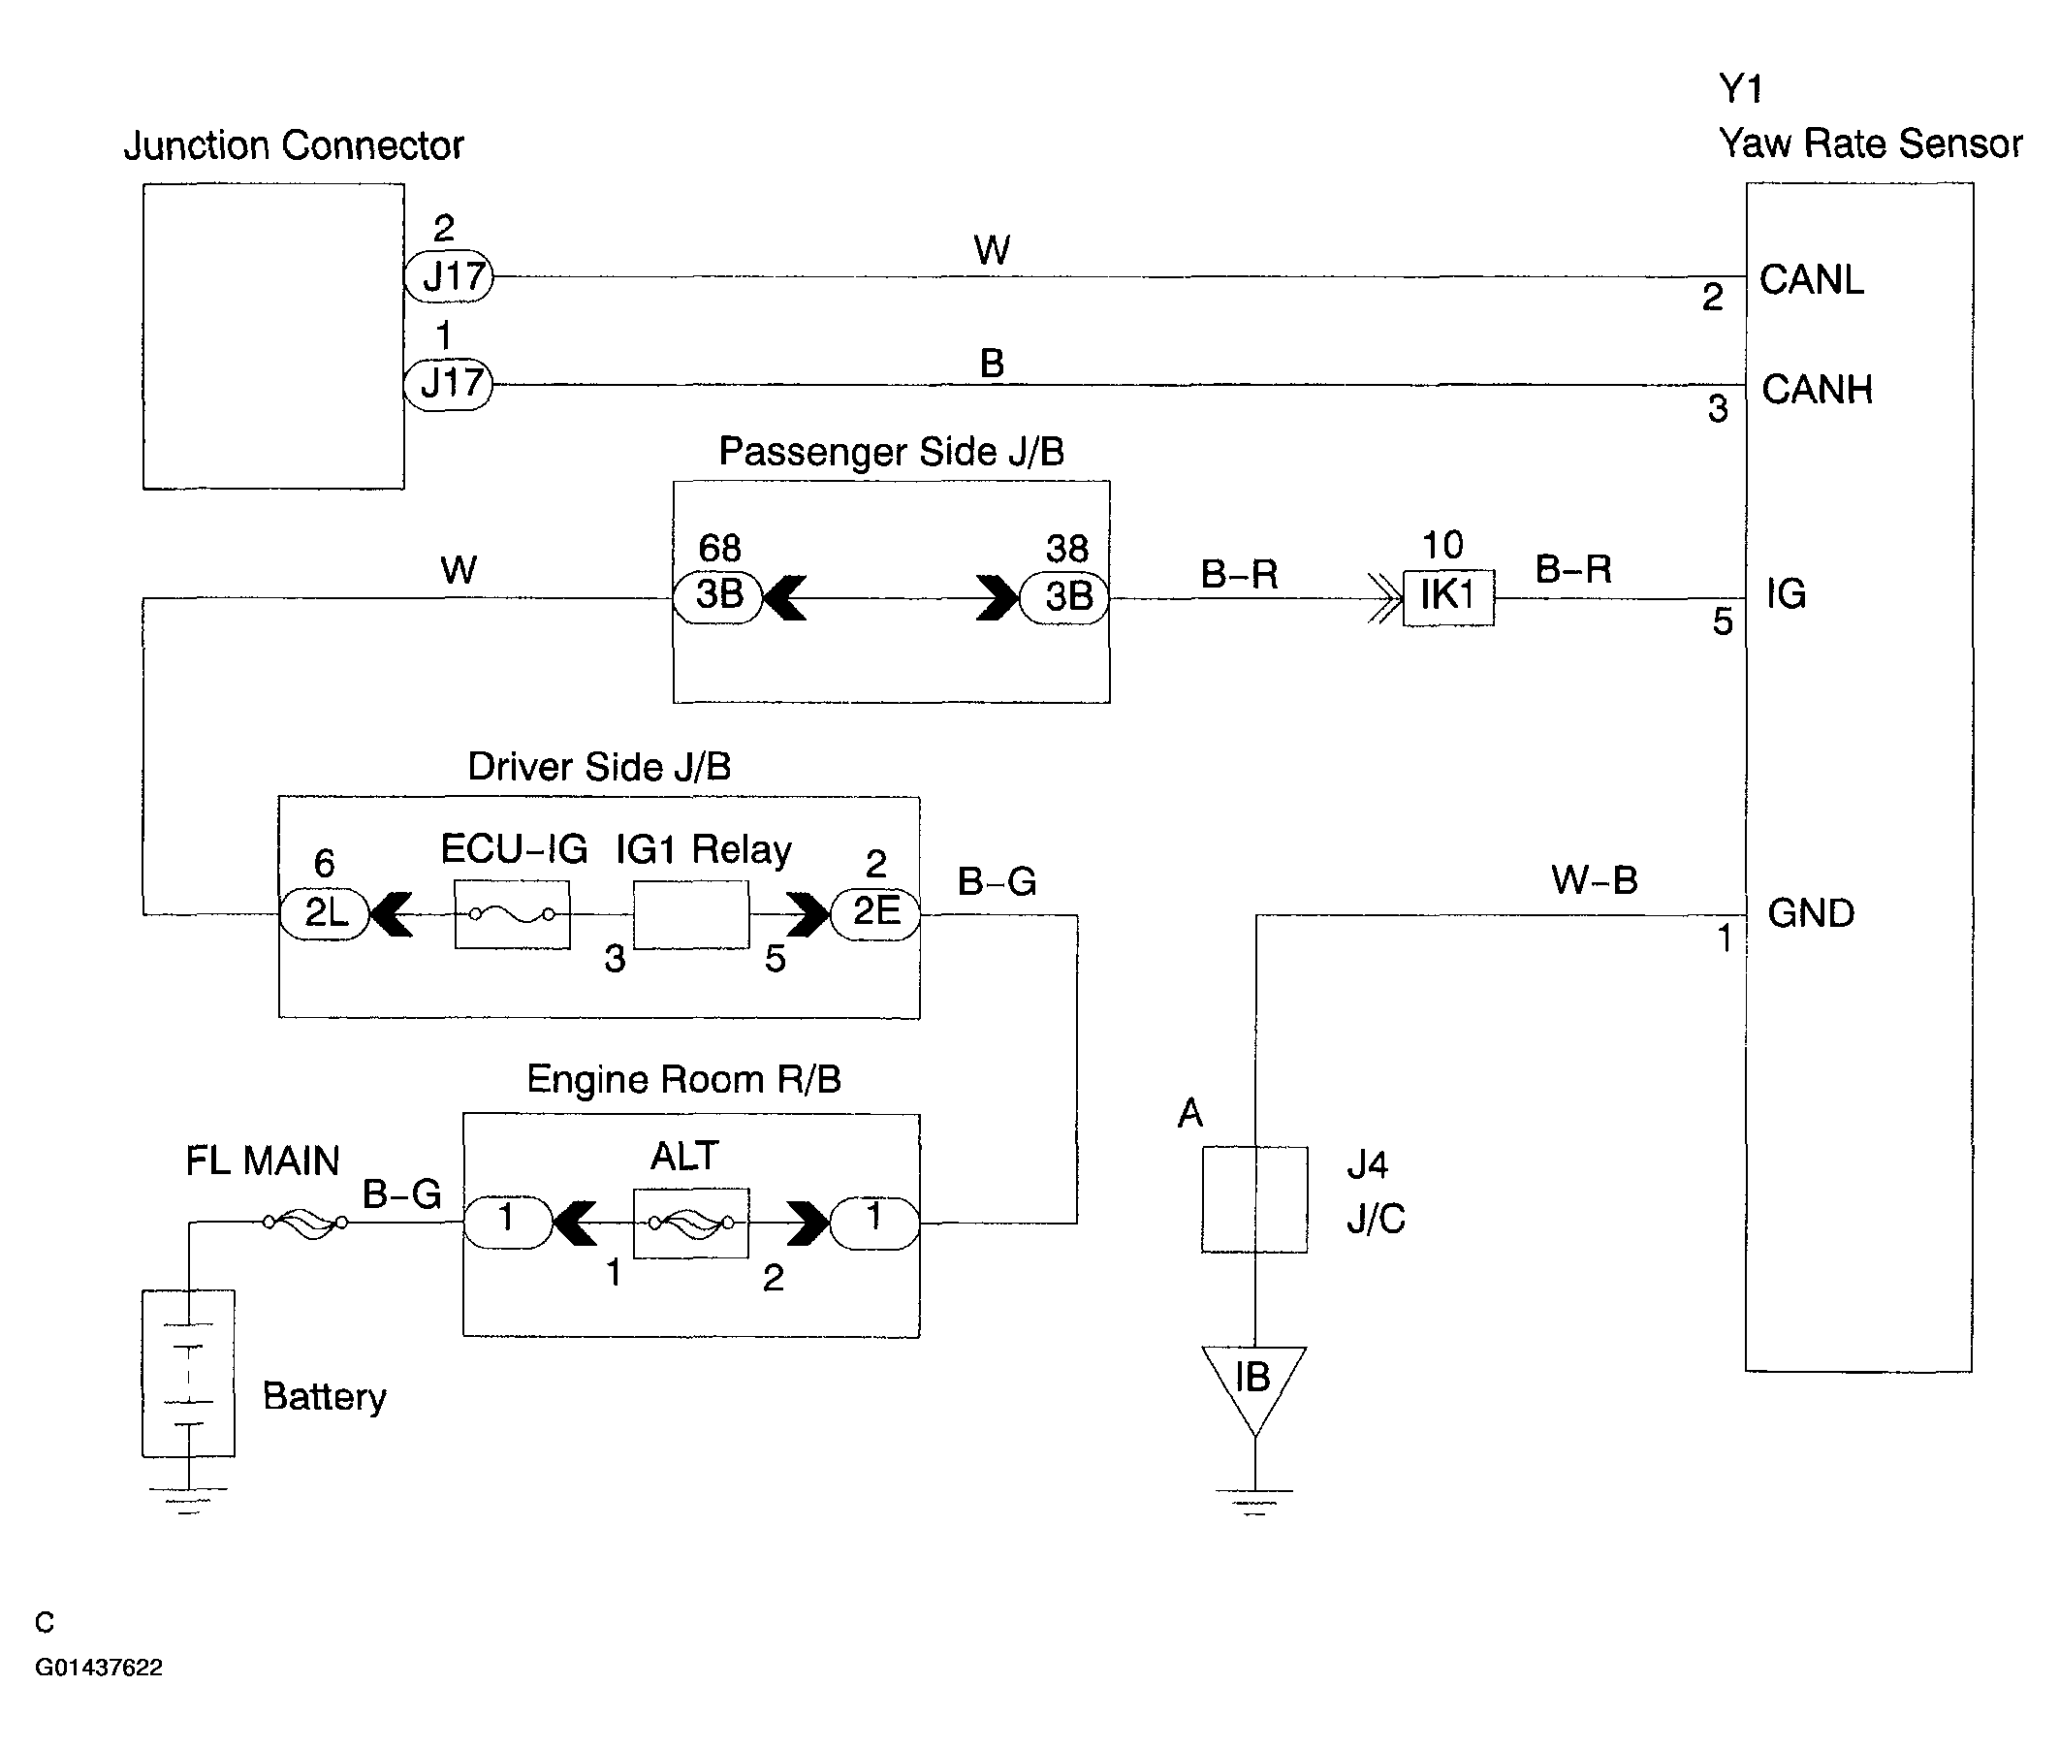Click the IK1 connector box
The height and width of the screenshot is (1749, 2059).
(1447, 597)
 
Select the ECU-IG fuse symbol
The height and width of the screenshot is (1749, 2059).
(512, 914)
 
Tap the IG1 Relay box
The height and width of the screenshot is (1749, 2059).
(691, 914)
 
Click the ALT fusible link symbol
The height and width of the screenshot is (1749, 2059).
(691, 1223)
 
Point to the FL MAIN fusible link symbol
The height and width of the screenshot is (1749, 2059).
(305, 1224)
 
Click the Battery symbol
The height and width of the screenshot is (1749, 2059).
(188, 1373)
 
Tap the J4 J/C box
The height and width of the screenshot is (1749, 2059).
(1254, 1199)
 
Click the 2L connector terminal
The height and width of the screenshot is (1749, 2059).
(324, 913)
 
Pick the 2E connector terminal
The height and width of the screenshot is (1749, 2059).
(874, 913)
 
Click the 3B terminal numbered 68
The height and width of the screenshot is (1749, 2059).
(717, 597)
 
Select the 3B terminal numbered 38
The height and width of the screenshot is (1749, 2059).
(1064, 597)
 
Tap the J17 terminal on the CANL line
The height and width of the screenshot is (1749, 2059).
(449, 275)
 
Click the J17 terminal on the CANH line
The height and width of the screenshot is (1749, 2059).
(448, 384)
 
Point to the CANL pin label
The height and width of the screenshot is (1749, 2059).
(1811, 279)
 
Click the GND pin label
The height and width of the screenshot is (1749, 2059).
(1810, 913)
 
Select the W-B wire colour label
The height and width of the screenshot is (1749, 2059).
(1594, 879)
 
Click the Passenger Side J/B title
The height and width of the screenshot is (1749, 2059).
(891, 452)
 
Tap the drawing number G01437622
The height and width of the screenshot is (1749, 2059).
(98, 1667)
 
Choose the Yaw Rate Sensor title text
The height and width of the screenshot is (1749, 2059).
(1870, 143)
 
